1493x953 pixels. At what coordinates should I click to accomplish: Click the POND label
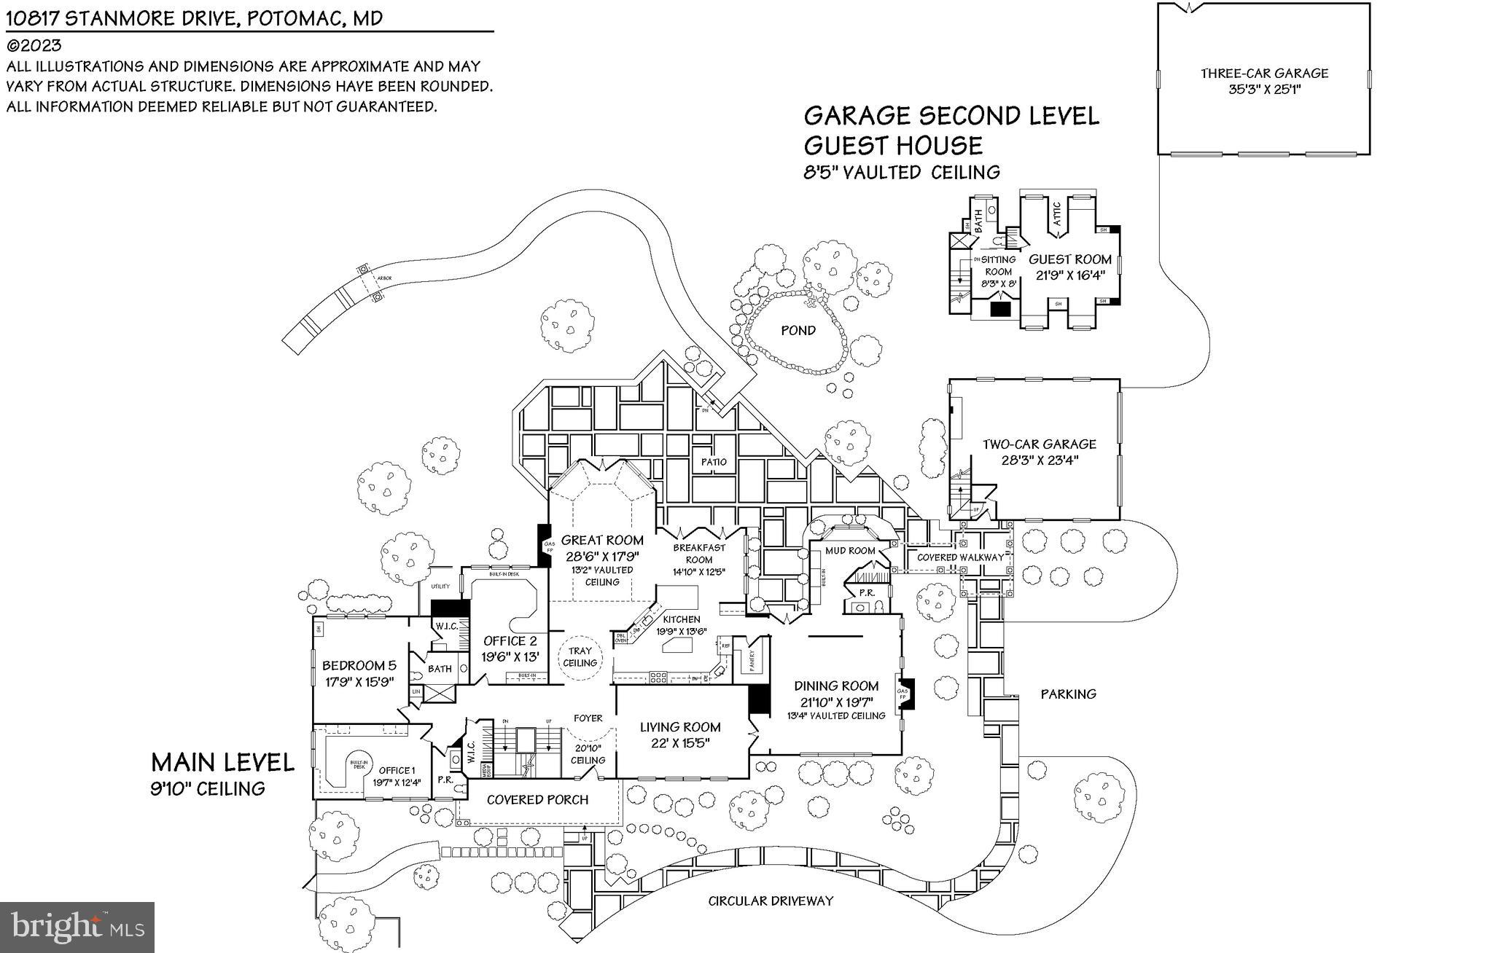click(798, 331)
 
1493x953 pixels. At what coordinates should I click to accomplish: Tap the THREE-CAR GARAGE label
click(1264, 74)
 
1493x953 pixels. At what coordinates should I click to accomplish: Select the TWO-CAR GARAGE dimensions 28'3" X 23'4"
click(1039, 460)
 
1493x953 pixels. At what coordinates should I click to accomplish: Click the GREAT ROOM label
click(602, 541)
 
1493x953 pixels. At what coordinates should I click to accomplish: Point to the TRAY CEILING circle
click(580, 657)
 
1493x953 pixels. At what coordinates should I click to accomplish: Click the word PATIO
click(714, 462)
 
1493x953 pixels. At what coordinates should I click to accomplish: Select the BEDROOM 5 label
click(359, 665)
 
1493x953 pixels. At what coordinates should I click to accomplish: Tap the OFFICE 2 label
click(510, 641)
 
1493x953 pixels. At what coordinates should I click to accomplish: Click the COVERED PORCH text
click(537, 800)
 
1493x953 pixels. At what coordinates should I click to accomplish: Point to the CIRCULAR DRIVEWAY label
click(771, 901)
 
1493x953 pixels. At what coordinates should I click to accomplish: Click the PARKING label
click(1068, 694)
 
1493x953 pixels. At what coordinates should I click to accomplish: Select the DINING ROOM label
click(836, 686)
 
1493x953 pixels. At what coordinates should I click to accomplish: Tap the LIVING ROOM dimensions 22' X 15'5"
click(680, 742)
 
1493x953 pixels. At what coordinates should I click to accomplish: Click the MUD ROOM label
click(850, 551)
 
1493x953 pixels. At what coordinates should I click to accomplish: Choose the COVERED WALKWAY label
click(959, 557)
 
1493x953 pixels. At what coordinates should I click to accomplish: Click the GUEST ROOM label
click(1070, 259)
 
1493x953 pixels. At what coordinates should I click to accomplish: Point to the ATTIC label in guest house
click(1058, 216)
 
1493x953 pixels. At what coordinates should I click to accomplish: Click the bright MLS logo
click(77, 927)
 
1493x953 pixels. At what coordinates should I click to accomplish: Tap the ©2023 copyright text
click(34, 45)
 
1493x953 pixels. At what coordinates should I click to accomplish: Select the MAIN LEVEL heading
click(222, 763)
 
